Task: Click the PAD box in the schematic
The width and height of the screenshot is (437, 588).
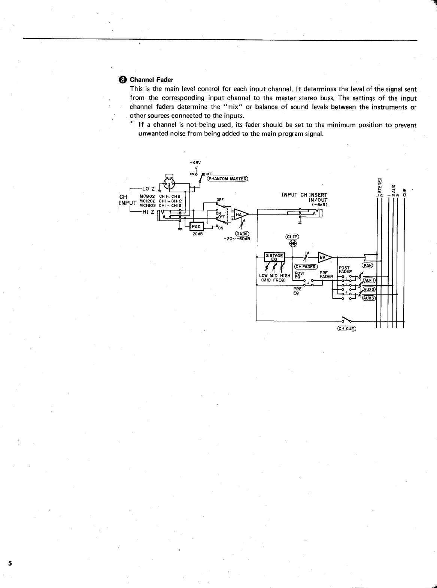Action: pos(197,226)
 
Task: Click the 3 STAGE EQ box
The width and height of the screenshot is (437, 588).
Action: pos(274,258)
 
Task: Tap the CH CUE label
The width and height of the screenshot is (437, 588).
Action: pos(346,329)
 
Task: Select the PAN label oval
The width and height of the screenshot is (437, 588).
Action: pos(367,265)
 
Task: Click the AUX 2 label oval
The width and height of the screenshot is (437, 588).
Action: pos(369,289)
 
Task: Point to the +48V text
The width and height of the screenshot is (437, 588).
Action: pos(195,163)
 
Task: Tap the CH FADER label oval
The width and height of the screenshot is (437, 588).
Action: pos(306,267)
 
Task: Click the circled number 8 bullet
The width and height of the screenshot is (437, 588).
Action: pos(122,80)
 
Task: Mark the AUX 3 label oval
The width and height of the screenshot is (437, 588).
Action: pos(369,298)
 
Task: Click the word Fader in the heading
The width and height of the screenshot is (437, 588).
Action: pos(165,80)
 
